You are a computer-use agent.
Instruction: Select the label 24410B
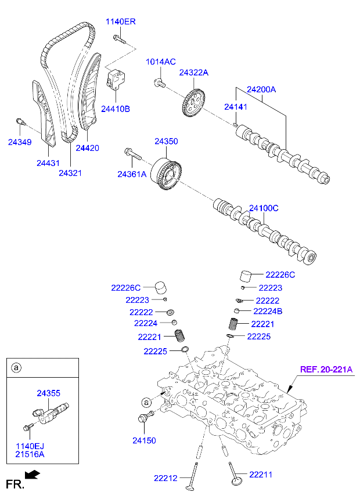coord(116,108)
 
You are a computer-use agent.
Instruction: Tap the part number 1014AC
coord(160,62)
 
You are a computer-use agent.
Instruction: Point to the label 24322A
coord(193,73)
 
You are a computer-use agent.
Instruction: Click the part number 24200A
coord(261,90)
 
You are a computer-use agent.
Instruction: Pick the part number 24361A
coord(132,174)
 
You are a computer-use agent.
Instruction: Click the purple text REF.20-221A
coord(326,369)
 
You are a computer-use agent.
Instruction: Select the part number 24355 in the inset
coord(49,393)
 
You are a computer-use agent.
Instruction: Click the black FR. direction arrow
coord(34,475)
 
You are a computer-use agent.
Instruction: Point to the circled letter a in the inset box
coord(17,367)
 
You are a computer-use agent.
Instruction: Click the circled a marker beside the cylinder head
coord(146,401)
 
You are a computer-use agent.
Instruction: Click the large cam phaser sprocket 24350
coord(165,173)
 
